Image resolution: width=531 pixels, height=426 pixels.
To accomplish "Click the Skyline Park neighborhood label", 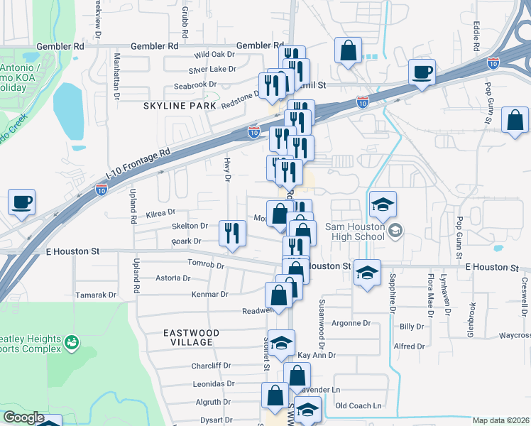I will tap(178, 106).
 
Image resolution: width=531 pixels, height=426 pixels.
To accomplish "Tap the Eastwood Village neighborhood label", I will tap(191, 337).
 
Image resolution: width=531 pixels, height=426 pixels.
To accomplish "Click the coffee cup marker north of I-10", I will tap(422, 72).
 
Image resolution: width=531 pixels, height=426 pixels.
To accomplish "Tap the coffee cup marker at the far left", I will tap(21, 202).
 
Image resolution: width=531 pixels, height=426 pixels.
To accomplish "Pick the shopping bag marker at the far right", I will tap(515, 121).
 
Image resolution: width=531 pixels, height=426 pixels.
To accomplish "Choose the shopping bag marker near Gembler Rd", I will tap(348, 51).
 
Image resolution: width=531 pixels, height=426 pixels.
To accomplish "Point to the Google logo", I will tap(23, 417).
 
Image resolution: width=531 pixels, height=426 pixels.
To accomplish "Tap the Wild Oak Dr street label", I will tap(214, 55).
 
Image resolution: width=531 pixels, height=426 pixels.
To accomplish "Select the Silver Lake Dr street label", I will tap(212, 70).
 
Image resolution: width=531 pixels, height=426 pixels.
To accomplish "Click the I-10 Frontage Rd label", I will tap(138, 164).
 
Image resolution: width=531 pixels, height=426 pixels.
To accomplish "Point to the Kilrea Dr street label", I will tap(160, 213).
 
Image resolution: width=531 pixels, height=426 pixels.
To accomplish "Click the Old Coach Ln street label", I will tap(358, 406).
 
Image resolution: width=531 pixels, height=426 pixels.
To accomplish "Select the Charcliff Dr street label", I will tap(211, 366).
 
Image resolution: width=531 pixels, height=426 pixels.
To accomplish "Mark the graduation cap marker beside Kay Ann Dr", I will tap(281, 342).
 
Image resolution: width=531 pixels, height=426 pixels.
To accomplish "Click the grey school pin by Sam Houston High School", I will tap(395, 229).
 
